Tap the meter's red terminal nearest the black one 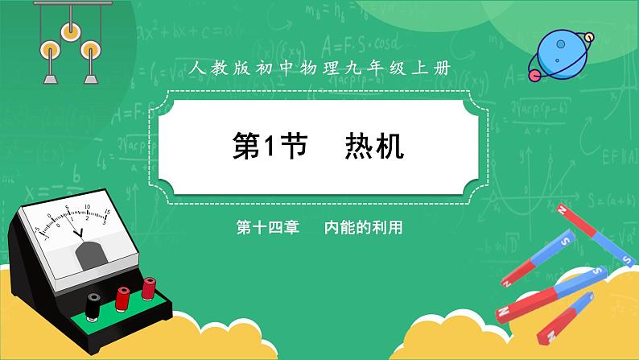pos(122,296)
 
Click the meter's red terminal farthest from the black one pos(149,286)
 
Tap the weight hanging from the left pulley pos(49,77)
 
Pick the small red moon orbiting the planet pos(534,75)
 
